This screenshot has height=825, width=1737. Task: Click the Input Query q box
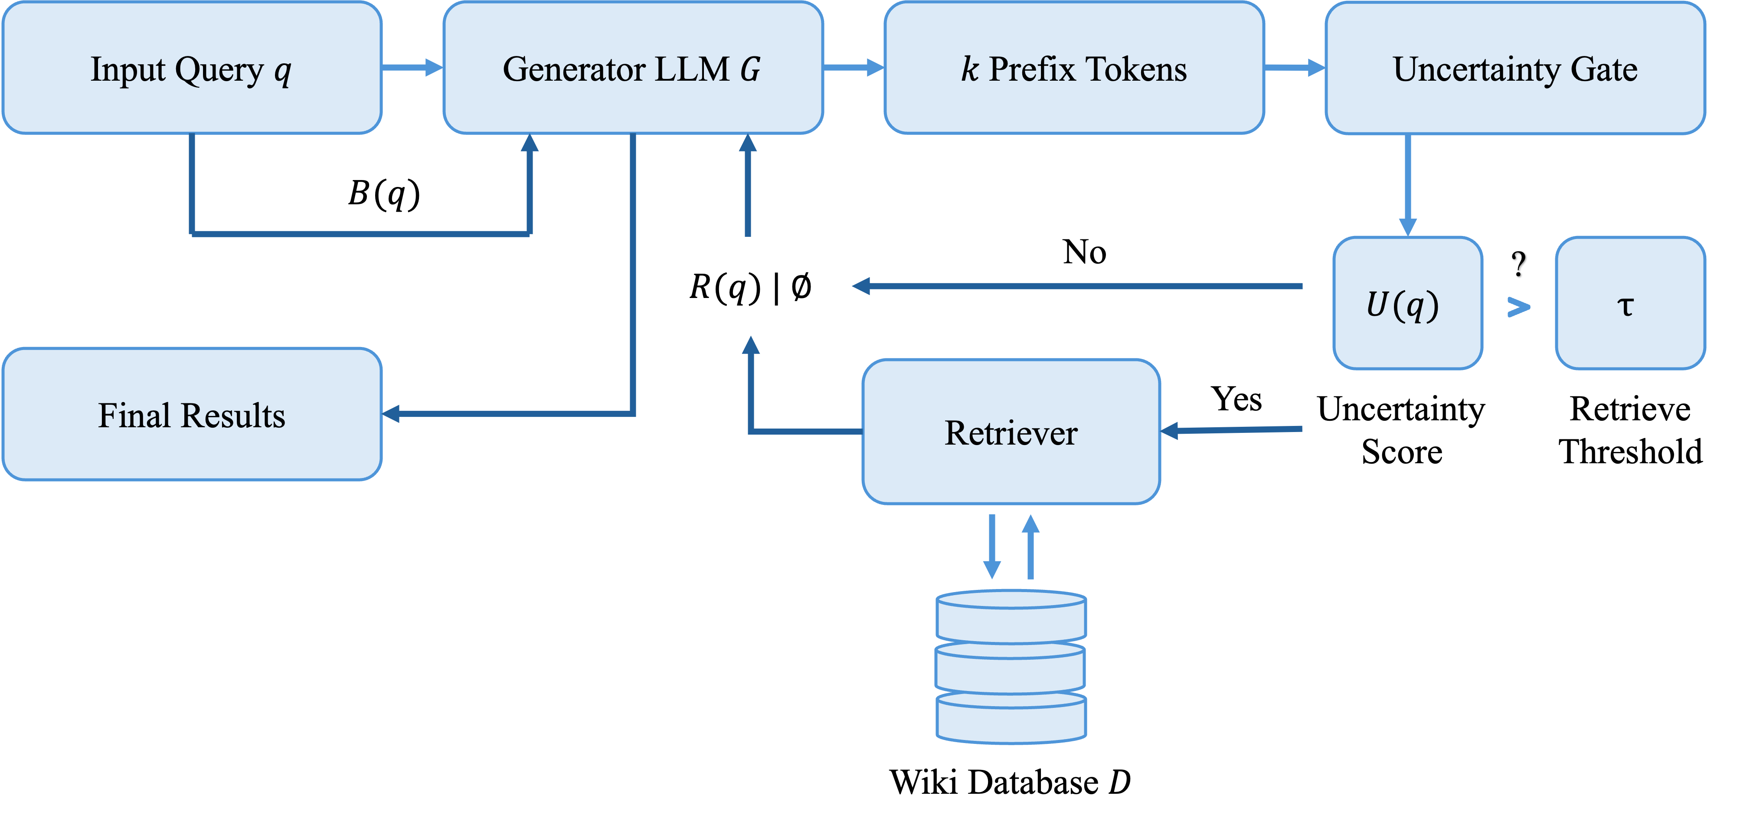pyautogui.click(x=192, y=68)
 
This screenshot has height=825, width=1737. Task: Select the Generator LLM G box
pyautogui.click(x=632, y=68)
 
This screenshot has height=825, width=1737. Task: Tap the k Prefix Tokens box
pyautogui.click(x=1073, y=68)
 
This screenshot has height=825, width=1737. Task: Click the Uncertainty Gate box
pyautogui.click(x=1515, y=68)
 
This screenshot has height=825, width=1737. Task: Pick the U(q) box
pyautogui.click(x=1407, y=304)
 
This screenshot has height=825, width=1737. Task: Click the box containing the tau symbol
pyautogui.click(x=1630, y=304)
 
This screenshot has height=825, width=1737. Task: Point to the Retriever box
pyautogui.click(x=1011, y=432)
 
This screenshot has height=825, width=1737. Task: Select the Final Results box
pyautogui.click(x=192, y=414)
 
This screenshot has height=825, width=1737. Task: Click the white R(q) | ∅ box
pyautogui.click(x=750, y=286)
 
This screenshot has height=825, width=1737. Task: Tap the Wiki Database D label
pyautogui.click(x=1010, y=781)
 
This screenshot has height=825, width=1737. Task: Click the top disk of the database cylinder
pyautogui.click(x=1011, y=614)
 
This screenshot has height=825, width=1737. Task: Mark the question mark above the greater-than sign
pyautogui.click(x=1518, y=265)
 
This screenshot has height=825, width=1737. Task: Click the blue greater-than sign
pyautogui.click(x=1518, y=308)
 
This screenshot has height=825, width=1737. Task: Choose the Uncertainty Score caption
pyautogui.click(x=1402, y=430)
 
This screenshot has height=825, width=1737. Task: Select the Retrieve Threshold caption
pyautogui.click(x=1630, y=430)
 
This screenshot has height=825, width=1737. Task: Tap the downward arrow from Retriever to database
pyautogui.click(x=991, y=547)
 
